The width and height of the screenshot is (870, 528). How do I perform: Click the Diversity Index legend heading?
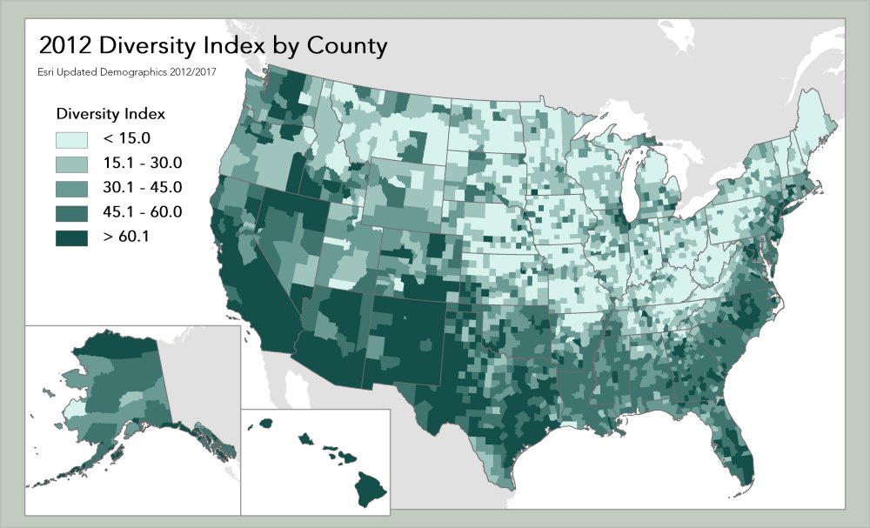[110, 114]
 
